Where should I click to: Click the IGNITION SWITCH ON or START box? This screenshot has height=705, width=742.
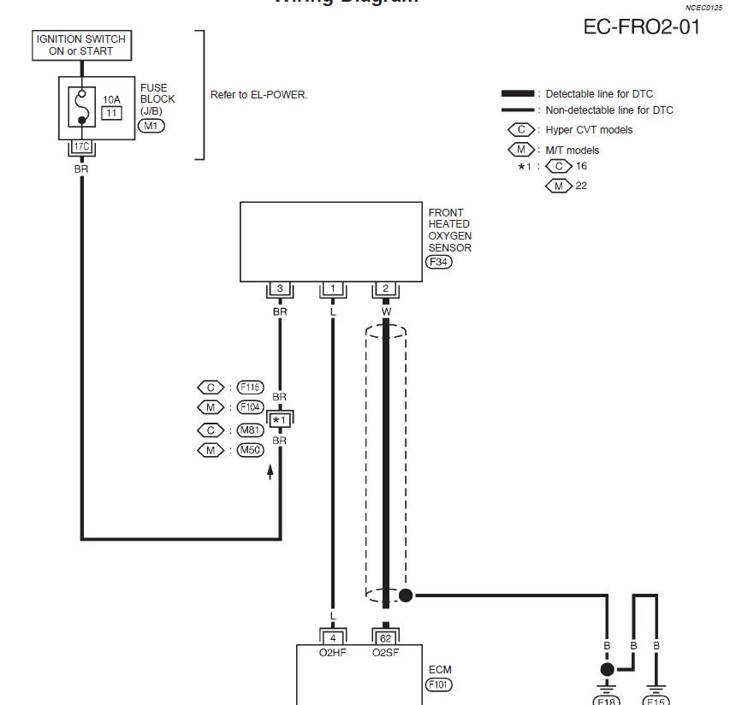tap(81, 45)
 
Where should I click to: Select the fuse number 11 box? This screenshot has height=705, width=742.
tap(112, 112)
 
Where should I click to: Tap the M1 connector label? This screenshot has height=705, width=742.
tap(151, 126)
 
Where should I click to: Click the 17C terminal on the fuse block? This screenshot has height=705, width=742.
tap(81, 147)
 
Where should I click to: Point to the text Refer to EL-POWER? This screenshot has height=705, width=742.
tap(258, 95)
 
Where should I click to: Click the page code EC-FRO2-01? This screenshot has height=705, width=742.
tap(641, 27)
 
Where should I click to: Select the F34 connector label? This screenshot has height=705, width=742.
tap(438, 262)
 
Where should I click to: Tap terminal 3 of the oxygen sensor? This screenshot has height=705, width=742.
tap(280, 289)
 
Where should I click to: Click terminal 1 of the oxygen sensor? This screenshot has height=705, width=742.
tap(333, 289)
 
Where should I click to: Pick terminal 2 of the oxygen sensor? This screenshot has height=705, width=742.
tap(386, 289)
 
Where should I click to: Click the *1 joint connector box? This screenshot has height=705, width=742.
tap(280, 419)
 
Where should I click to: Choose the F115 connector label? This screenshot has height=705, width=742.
tap(249, 388)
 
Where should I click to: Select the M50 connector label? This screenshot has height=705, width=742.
tap(249, 450)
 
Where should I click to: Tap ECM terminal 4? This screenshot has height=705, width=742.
tap(333, 637)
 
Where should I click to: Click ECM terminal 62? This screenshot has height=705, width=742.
tap(386, 637)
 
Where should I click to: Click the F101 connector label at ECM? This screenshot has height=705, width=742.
tap(438, 684)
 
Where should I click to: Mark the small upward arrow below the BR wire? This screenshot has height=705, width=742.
tap(271, 471)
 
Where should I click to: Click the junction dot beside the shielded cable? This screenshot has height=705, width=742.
tap(406, 595)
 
